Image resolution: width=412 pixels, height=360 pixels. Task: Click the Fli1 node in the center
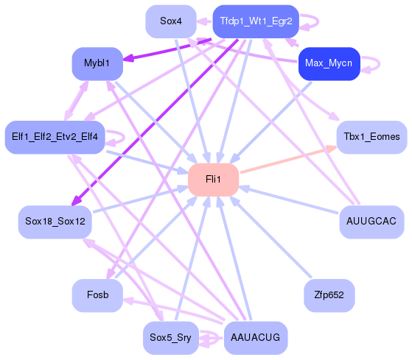(213, 180)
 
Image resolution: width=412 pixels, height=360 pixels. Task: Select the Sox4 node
(171, 21)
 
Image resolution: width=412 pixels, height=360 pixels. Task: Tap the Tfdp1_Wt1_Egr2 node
(255, 21)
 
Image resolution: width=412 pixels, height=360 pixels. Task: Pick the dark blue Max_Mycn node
(328, 64)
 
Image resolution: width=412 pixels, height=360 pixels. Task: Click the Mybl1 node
(97, 64)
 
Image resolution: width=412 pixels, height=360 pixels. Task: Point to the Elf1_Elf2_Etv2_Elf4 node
(55, 136)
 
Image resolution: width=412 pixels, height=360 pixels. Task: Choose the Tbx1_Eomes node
(371, 136)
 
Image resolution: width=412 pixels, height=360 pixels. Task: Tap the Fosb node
(97, 295)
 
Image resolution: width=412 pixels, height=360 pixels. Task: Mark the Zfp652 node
(329, 295)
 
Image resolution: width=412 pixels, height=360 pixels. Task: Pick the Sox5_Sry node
(171, 338)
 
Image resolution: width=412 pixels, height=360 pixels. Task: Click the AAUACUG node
(255, 338)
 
